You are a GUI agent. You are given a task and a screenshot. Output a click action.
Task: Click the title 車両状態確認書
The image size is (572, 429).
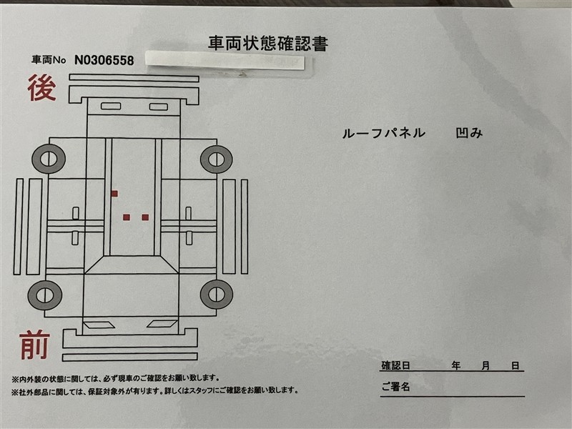point(268,43)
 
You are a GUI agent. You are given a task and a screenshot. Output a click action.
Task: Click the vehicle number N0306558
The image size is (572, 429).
point(104,60)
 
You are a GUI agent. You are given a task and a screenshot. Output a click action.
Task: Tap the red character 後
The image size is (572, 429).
point(42,87)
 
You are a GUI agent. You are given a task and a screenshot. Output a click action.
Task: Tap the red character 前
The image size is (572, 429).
point(35,345)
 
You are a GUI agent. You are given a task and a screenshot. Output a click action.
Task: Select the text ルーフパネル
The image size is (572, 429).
point(384,133)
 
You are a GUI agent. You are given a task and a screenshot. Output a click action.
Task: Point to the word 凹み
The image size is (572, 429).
point(469,133)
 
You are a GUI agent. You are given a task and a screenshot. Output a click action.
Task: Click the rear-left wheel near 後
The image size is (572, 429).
point(49,159)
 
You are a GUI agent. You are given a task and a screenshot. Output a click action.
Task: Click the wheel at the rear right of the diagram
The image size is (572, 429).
point(217,159)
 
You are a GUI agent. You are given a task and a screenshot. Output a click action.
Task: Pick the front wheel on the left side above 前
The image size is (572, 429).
point(45,295)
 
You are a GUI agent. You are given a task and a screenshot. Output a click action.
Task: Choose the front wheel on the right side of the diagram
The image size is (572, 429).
point(217,295)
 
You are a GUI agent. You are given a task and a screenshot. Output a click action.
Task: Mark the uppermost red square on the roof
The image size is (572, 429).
point(114,193)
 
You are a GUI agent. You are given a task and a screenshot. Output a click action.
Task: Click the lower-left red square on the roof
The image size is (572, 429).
point(127,217)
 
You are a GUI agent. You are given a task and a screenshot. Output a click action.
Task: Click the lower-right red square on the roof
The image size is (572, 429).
point(145,217)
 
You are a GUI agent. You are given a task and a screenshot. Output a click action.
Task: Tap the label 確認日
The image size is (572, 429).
point(396,365)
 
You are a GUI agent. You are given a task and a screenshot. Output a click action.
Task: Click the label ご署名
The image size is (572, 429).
point(396,387)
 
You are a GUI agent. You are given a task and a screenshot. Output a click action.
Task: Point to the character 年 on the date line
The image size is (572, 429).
point(455,365)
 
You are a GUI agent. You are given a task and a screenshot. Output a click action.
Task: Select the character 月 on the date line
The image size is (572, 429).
point(485,365)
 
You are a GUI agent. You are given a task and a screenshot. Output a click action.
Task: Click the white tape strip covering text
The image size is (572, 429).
point(225,60)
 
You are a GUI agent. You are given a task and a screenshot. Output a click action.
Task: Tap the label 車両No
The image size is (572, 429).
point(49,60)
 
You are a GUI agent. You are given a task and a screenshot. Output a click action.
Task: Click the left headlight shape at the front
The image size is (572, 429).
point(99,325)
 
